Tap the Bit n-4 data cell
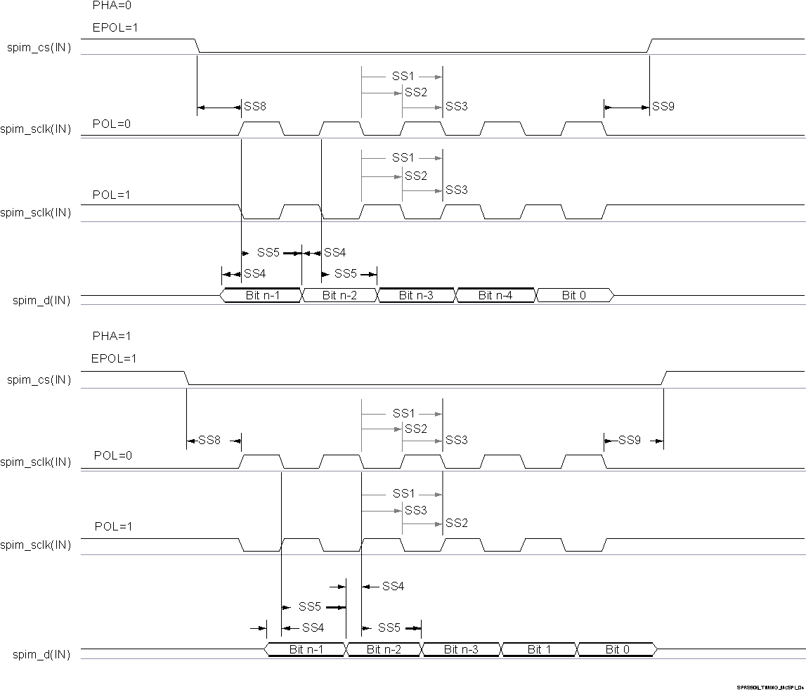(495, 296)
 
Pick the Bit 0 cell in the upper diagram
(574, 296)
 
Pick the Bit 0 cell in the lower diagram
(617, 649)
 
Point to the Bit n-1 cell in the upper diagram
(262, 296)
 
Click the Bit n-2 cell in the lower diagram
(384, 649)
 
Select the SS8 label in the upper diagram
(254, 107)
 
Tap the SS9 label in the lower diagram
(629, 441)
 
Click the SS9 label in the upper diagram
(663, 107)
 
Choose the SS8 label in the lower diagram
(209, 441)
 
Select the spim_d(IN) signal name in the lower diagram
(41, 655)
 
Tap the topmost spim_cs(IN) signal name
(40, 48)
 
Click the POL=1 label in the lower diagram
(113, 526)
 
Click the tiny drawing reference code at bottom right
(769, 687)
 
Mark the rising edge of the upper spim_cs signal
(651, 46)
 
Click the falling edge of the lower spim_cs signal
(187, 378)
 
